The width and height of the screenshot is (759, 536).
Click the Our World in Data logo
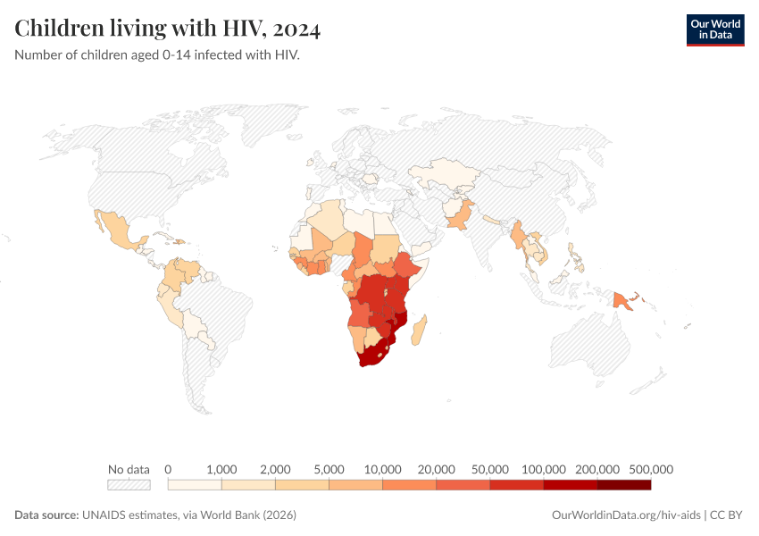click(714, 29)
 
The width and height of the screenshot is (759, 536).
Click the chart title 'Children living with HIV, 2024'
click(168, 29)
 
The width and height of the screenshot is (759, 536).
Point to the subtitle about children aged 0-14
click(156, 55)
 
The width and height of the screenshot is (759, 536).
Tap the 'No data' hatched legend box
click(129, 484)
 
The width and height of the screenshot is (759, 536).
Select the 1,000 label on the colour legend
click(221, 469)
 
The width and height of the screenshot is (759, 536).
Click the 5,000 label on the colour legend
click(329, 469)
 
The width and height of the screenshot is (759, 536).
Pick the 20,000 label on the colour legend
click(437, 469)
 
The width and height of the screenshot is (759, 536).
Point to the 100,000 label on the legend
click(544, 469)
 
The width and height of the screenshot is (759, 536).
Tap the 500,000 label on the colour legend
click(651, 469)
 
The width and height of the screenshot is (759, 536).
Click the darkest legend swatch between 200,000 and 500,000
click(624, 484)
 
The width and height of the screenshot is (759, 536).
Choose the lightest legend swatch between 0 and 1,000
click(195, 484)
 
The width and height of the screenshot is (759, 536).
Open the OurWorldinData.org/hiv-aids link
click(626, 515)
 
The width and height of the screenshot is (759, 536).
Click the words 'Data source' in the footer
click(46, 515)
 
